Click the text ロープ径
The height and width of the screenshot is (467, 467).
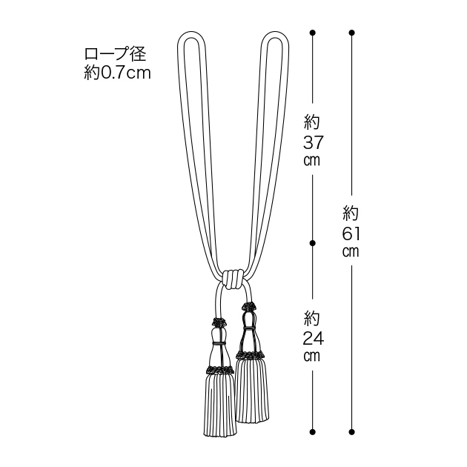115,54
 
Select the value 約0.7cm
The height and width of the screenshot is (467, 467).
117,73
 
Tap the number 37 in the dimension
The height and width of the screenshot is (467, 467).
313,142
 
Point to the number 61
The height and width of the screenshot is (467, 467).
351,233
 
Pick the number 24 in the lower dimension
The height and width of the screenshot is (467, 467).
313,338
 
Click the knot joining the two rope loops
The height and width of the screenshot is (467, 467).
232,279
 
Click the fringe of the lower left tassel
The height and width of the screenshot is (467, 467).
220,405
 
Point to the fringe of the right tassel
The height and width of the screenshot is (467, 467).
252,390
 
